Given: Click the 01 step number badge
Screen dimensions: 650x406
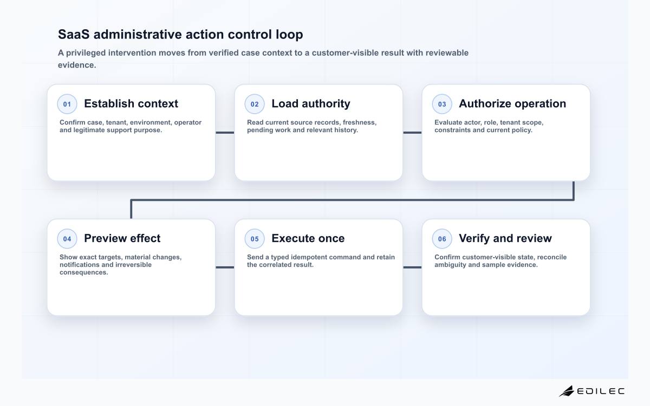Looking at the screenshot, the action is click(67, 104).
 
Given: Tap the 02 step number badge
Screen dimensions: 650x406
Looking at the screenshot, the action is click(255, 104).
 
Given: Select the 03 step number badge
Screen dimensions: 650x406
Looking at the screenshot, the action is click(442, 104).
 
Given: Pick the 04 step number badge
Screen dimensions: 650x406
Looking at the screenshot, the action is click(67, 239).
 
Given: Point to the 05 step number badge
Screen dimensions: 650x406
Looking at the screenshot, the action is click(255, 239).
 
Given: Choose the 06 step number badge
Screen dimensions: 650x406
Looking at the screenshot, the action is click(442, 239).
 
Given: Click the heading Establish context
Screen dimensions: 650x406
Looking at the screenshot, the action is click(131, 103).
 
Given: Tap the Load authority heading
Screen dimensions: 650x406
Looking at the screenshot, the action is click(311, 104).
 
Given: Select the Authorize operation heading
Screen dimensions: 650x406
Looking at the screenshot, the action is click(512, 104).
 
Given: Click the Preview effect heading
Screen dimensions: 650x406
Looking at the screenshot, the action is click(122, 238).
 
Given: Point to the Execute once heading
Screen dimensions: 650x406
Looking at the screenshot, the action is click(308, 238).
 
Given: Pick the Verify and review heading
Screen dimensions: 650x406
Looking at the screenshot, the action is click(505, 239).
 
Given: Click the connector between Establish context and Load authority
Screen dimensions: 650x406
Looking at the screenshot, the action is click(225, 133).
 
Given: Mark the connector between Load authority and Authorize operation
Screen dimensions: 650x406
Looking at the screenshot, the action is click(412, 133).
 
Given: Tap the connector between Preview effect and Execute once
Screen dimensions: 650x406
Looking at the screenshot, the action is click(225, 267).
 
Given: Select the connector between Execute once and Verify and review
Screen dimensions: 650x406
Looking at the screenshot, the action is click(412, 267).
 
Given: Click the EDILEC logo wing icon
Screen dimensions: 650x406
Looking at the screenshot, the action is click(567, 391).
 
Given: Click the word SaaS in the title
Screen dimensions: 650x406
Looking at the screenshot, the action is click(74, 34).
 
